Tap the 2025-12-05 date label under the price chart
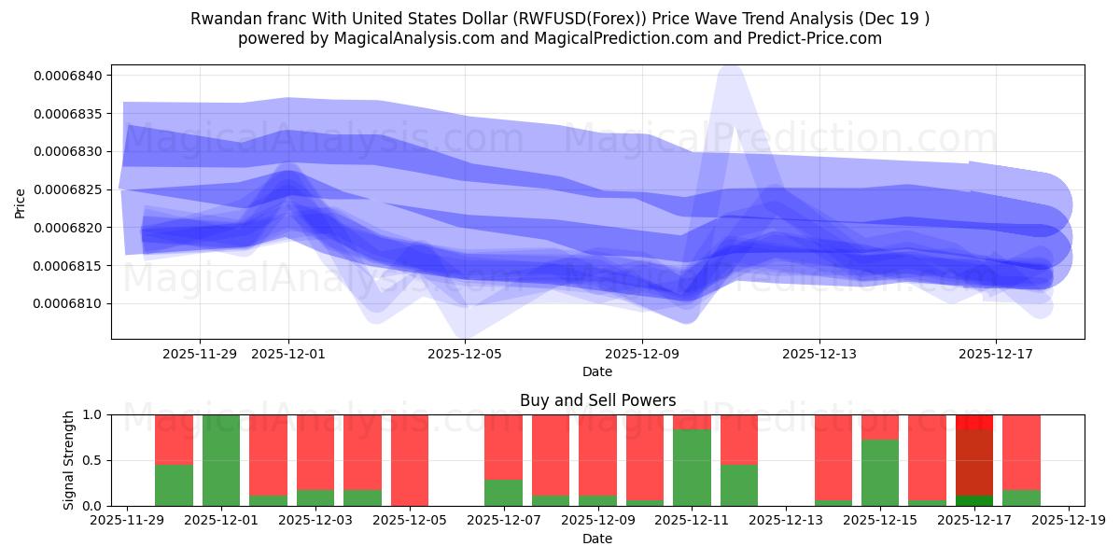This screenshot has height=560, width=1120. click(465, 354)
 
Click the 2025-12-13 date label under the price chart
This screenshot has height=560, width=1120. click(819, 354)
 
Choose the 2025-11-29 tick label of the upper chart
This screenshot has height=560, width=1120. click(200, 354)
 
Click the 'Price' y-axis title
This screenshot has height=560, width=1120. click(20, 202)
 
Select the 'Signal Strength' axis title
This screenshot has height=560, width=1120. click(69, 460)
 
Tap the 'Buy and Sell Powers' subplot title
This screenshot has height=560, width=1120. click(597, 400)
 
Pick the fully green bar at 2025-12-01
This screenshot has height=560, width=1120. click(221, 460)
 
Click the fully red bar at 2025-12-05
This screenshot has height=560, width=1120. click(410, 460)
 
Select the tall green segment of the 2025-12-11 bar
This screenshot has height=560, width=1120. click(692, 468)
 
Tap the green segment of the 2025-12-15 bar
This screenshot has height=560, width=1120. click(880, 473)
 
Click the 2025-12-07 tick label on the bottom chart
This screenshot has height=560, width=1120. click(503, 521)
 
